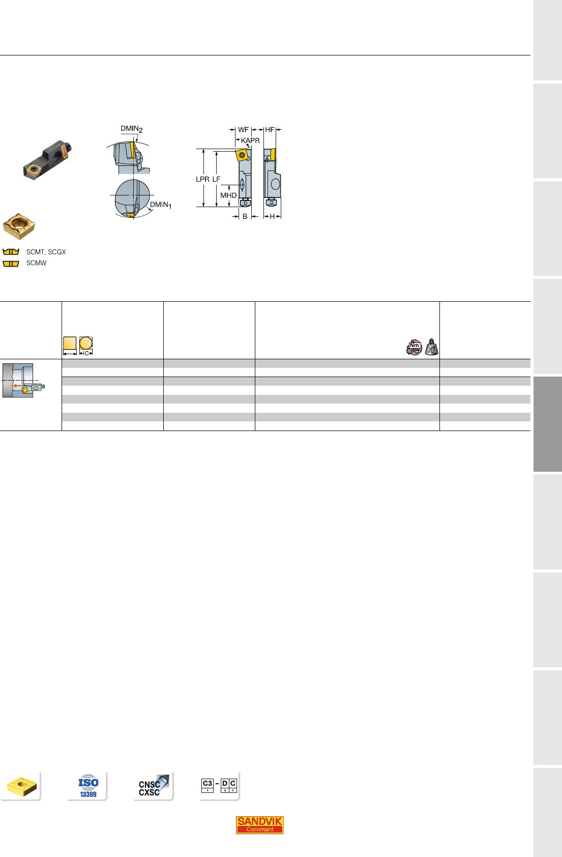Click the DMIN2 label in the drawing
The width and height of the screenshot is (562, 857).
click(x=132, y=129)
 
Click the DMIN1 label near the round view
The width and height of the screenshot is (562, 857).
click(x=161, y=205)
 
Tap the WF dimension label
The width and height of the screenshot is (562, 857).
click(x=243, y=130)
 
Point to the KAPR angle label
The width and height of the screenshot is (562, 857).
click(x=250, y=140)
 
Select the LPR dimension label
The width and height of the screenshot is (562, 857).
click(x=202, y=179)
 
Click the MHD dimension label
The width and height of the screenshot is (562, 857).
click(x=228, y=195)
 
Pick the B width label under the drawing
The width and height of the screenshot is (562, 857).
click(x=245, y=217)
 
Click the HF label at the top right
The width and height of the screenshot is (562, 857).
click(x=270, y=130)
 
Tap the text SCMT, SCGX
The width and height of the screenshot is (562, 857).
click(x=46, y=252)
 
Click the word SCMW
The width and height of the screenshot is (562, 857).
click(x=36, y=263)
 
